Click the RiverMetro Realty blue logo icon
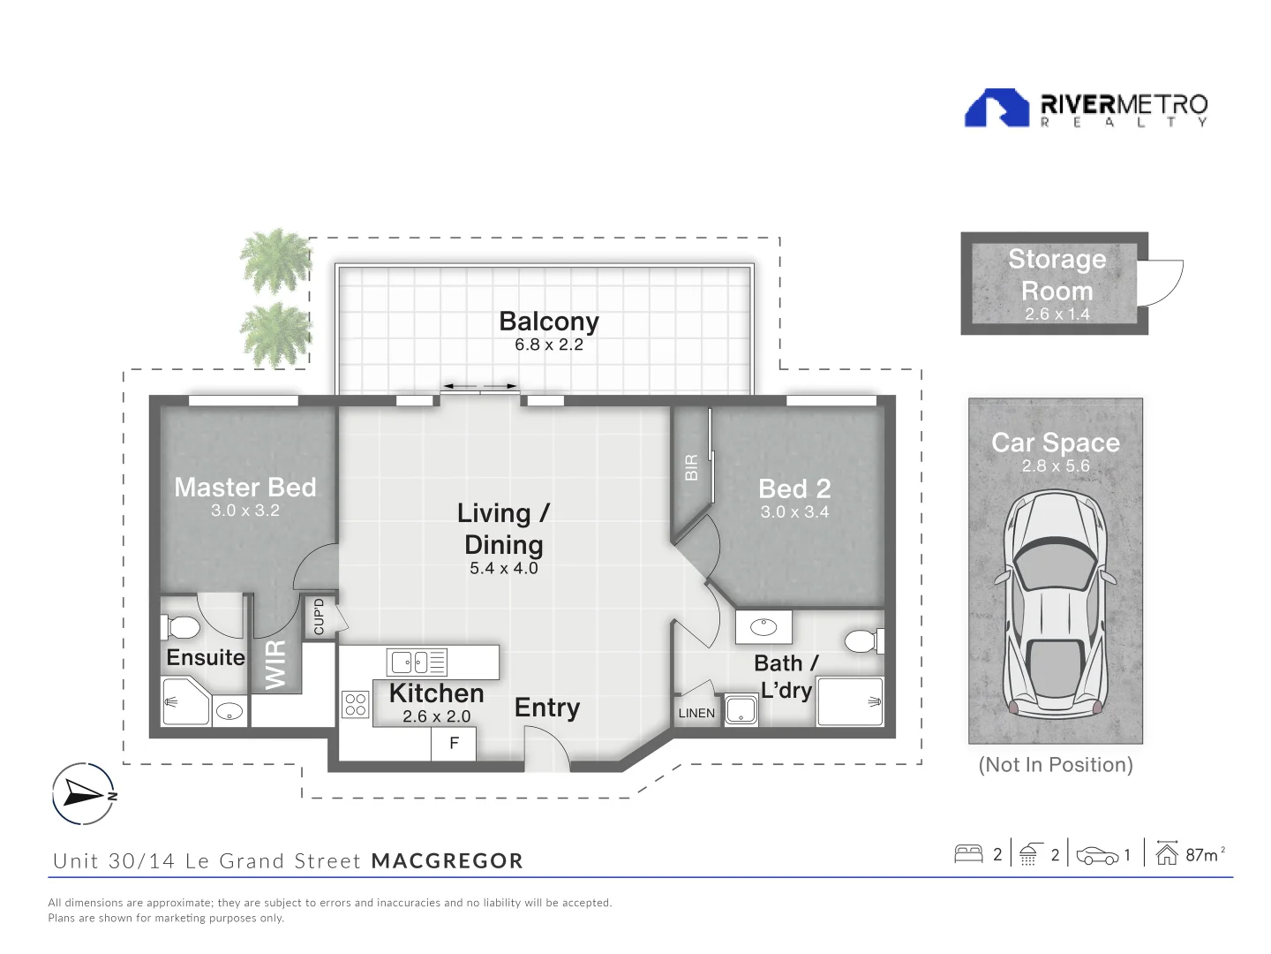tap(996, 108)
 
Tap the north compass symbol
tap(84, 793)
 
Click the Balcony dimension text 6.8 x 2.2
tap(548, 344)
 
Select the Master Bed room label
tap(245, 487)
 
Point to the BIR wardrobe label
tap(691, 467)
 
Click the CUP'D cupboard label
tap(319, 617)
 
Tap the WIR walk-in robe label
tap(275, 665)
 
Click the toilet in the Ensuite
tap(181, 627)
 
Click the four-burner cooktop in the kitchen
tap(356, 705)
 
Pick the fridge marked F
tap(454, 744)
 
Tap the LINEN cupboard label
tap(696, 713)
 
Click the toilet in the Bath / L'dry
tap(864, 641)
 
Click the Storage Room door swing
tap(1160, 283)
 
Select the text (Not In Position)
tap(1055, 765)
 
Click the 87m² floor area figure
tap(1205, 854)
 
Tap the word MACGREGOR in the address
tap(447, 860)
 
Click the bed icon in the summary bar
tap(968, 854)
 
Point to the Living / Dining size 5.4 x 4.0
tap(504, 568)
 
